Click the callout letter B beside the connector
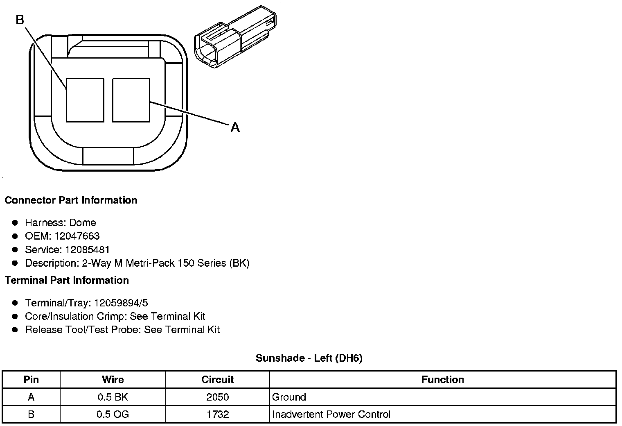[x=20, y=20]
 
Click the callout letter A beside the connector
[x=235, y=127]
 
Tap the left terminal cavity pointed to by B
[x=85, y=100]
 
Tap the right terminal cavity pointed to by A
[x=131, y=100]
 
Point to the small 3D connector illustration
[x=235, y=36]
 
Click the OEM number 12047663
[x=77, y=236]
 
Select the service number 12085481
[x=87, y=249]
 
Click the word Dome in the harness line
[x=83, y=222]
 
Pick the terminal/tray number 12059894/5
[x=121, y=303]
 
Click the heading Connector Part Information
[x=71, y=200]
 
